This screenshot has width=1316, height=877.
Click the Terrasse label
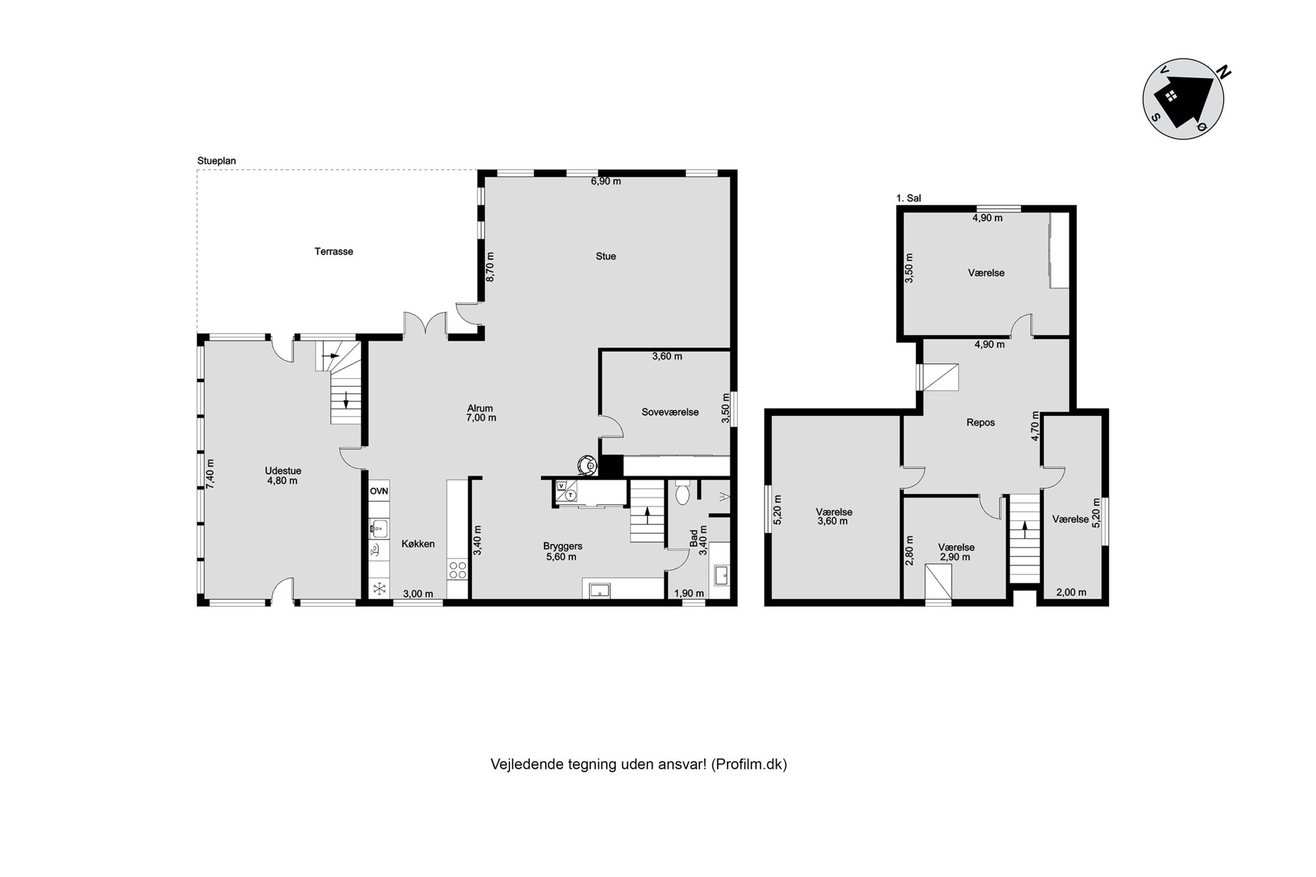click(334, 252)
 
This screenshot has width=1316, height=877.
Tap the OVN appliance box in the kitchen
click(379, 491)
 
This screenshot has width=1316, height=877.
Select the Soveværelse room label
click(670, 412)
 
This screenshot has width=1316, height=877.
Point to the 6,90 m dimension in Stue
click(606, 182)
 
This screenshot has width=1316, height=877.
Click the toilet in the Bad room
click(682, 493)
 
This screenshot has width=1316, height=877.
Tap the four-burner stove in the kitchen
click(458, 570)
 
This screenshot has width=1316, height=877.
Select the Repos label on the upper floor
click(980, 423)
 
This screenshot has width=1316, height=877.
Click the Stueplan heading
click(216, 161)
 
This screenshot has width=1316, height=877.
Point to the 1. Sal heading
click(908, 198)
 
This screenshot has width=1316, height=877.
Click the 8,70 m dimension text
click(491, 267)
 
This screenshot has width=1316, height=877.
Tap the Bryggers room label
click(562, 546)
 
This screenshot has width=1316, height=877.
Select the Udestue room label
click(283, 471)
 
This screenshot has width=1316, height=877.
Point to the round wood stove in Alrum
click(586, 465)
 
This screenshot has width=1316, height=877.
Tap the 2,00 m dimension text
click(1071, 593)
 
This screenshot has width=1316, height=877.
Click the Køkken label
click(418, 544)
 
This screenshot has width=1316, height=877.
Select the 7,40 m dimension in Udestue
click(210, 475)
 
